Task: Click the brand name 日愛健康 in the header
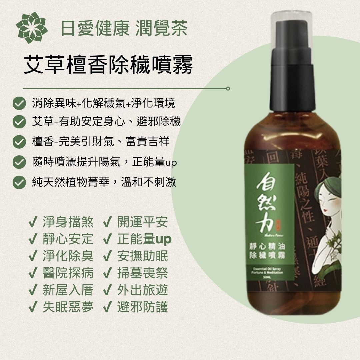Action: [94, 28]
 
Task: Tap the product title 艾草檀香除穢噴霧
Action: [108, 65]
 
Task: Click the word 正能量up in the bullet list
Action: [154, 163]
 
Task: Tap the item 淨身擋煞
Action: [68, 222]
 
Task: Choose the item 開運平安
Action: [142, 222]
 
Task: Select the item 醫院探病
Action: [68, 273]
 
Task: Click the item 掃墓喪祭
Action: [142, 273]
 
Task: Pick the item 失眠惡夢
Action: [68, 307]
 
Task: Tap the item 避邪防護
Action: [142, 307]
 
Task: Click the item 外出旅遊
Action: [142, 290]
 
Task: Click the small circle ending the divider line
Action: [228, 89]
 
